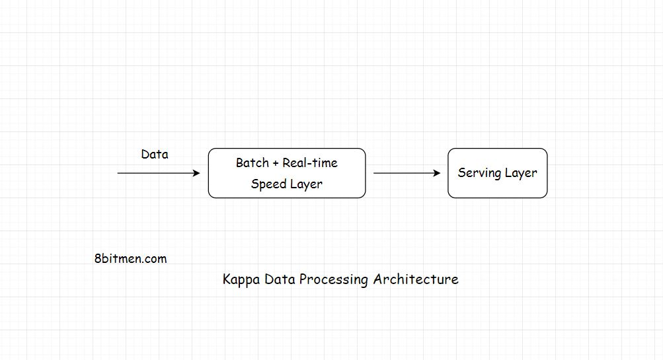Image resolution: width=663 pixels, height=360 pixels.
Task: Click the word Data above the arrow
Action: point(155,155)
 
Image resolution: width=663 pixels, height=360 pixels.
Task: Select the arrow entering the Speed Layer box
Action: point(159,173)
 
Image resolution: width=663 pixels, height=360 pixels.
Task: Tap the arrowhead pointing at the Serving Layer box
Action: point(437,173)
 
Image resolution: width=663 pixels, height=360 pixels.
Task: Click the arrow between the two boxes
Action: point(407,173)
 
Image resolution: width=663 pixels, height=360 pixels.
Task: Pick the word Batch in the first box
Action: point(252,163)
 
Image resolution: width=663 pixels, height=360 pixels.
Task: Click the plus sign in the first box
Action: point(276,163)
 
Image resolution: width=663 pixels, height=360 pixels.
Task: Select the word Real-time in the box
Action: point(310,163)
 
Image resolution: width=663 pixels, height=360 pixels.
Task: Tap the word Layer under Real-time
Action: point(306,184)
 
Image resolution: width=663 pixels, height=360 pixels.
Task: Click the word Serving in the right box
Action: point(479,173)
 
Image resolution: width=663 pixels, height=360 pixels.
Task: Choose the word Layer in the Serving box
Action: point(521,173)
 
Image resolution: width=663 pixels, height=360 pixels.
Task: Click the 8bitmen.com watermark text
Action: point(130,259)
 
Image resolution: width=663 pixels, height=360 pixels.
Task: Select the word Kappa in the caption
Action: point(241,279)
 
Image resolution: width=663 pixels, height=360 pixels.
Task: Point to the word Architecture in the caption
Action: point(416,279)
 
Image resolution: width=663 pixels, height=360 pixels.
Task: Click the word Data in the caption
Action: point(279,279)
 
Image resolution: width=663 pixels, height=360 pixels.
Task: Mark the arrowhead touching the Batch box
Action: point(196,173)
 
